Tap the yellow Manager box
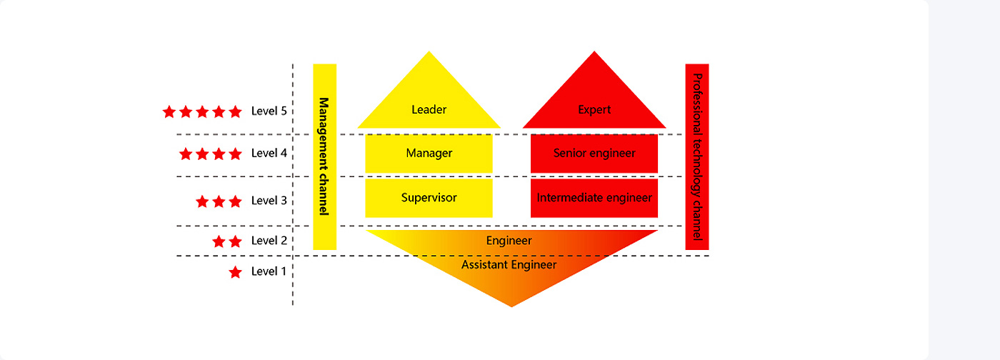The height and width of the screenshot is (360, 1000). (429, 153)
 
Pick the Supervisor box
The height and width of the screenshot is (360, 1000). (429, 198)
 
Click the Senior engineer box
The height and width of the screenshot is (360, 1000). (594, 153)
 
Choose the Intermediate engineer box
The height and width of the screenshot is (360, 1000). (594, 198)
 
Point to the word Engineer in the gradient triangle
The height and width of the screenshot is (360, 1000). (509, 241)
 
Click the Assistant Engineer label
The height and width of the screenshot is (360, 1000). (509, 264)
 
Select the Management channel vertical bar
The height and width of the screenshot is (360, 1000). (324, 156)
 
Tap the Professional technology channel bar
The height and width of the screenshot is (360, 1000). (697, 156)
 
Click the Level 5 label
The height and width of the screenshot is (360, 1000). (269, 111)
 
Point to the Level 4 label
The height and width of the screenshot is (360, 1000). (269, 154)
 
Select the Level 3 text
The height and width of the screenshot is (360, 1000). (269, 201)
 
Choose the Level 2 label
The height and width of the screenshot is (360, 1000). (269, 241)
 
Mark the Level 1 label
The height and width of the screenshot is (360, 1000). (269, 271)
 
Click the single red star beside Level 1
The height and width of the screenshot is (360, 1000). (235, 272)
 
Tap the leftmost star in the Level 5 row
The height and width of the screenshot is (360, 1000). (169, 111)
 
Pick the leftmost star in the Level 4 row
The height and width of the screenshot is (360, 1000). (186, 154)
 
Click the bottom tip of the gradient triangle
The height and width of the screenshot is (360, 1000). (511, 305)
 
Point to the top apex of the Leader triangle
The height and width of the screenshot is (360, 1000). (429, 54)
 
